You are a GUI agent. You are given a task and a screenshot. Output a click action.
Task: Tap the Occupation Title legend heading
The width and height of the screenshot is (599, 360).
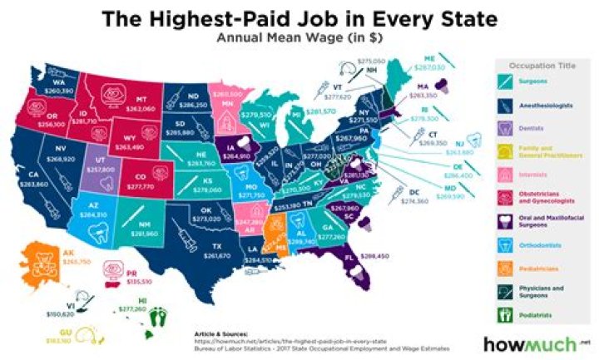point(541,63)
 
